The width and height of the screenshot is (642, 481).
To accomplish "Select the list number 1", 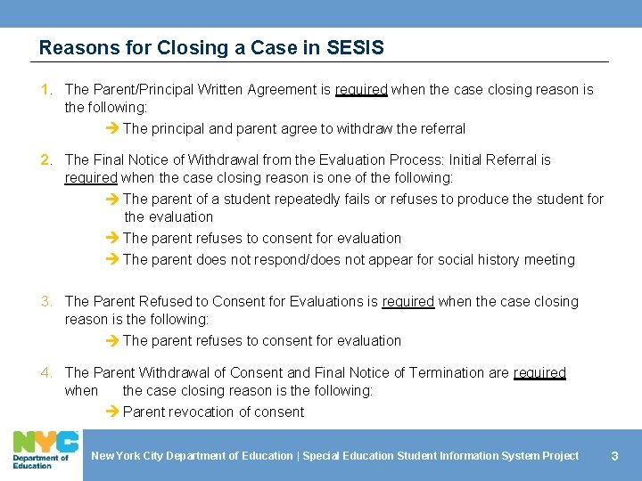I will (x=46, y=89).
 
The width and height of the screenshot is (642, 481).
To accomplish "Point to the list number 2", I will (x=46, y=159).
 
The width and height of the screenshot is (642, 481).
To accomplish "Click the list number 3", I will (x=46, y=301).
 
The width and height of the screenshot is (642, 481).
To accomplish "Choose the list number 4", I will (x=46, y=372).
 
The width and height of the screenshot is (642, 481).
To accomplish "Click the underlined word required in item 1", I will (x=361, y=89).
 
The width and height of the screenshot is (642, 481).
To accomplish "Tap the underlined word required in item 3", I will (x=407, y=301).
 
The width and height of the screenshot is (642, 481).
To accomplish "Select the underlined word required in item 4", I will (x=539, y=372).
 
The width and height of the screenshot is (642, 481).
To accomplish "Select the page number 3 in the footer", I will (x=613, y=456).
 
